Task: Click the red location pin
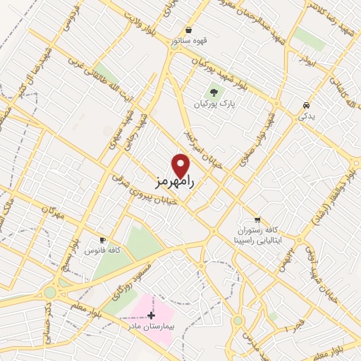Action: pos(181,165)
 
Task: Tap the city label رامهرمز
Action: pos(173,181)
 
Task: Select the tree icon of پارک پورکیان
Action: pos(214,92)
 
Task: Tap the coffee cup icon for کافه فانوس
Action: pos(103,240)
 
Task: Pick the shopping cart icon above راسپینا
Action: pos(257,219)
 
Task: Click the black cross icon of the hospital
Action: pos(150,315)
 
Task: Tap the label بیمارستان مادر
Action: pos(150,327)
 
